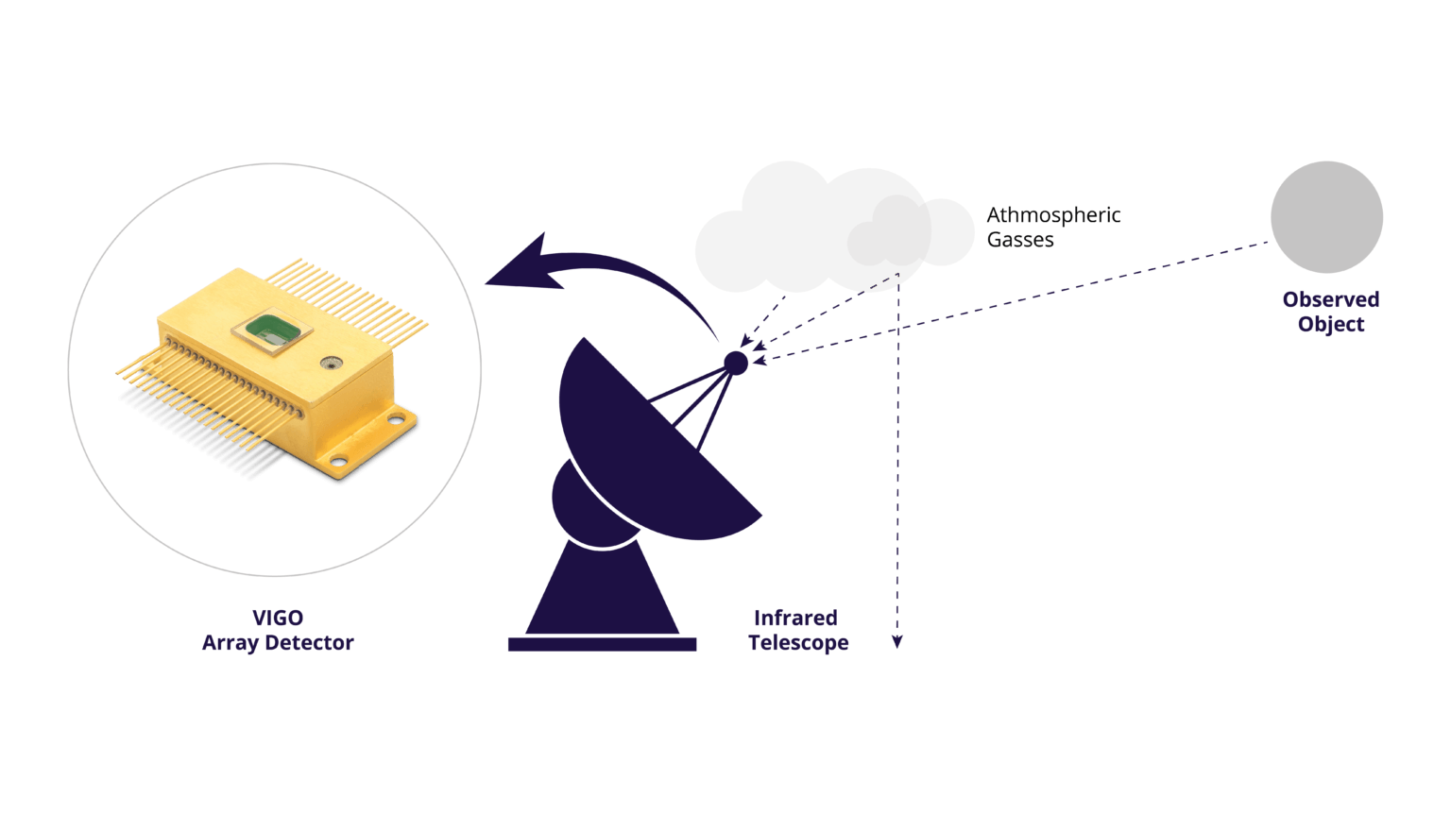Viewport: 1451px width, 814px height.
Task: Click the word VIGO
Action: (x=278, y=619)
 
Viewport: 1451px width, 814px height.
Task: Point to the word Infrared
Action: (x=795, y=619)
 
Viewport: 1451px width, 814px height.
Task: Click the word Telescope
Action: (x=798, y=644)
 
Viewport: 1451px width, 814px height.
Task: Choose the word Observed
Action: (x=1330, y=300)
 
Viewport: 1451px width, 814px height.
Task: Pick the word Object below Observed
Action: (x=1330, y=325)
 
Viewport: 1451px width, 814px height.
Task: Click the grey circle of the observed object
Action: (x=1326, y=217)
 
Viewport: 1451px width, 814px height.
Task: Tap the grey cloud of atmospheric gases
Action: (x=831, y=231)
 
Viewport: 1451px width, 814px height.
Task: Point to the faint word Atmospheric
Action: (x=1053, y=215)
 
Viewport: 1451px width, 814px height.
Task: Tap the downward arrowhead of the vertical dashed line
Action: (x=897, y=642)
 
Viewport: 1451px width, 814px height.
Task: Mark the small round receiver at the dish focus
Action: (x=736, y=363)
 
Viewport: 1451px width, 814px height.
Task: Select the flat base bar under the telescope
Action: (x=602, y=644)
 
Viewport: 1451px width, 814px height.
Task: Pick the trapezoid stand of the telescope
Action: (x=602, y=590)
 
